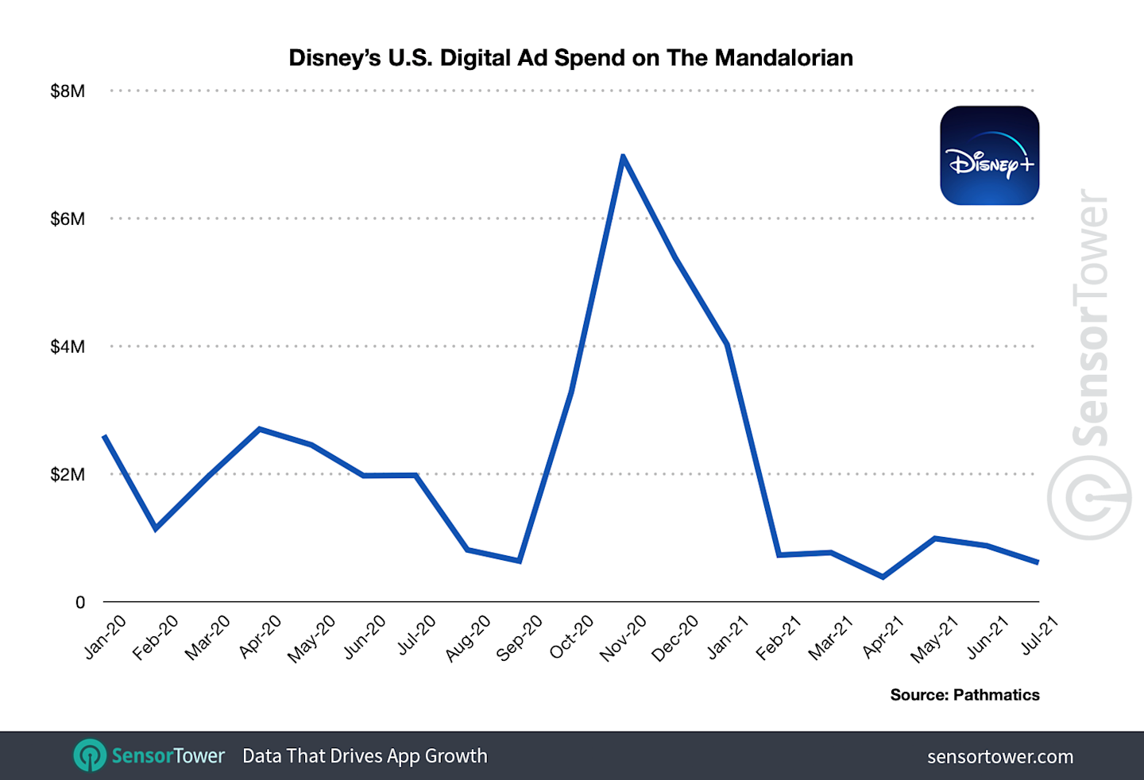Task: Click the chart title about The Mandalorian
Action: point(570,58)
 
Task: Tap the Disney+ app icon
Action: point(989,156)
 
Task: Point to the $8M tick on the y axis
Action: point(68,91)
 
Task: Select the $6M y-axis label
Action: point(68,219)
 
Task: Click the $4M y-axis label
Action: point(68,347)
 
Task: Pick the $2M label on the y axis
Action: point(68,475)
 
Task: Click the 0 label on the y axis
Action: point(79,603)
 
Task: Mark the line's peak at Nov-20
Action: point(624,156)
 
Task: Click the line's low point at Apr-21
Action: point(883,577)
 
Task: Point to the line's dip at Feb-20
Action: point(156,528)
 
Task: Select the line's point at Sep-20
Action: point(520,561)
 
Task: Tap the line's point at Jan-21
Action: point(727,345)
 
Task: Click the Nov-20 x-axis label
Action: point(624,638)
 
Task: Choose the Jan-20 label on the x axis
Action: point(106,637)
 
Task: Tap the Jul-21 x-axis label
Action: point(1040,635)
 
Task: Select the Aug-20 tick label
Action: point(468,638)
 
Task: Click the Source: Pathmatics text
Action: point(964,695)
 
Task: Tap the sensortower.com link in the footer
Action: point(1000,757)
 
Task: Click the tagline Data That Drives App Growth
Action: point(365,756)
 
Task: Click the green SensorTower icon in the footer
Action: point(90,755)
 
